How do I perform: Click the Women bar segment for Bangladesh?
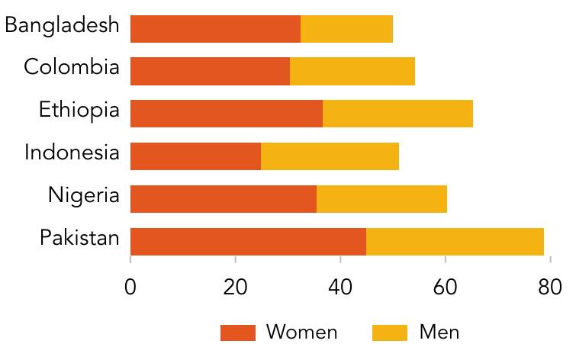[215, 28]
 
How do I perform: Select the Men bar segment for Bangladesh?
[346, 28]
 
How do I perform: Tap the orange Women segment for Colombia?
[210, 71]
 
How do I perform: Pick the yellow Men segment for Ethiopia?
[397, 114]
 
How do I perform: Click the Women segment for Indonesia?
[195, 156]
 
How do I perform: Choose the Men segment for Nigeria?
[381, 199]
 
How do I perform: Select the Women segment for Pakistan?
[248, 242]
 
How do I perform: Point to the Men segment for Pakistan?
[455, 242]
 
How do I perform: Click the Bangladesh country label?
[62, 25]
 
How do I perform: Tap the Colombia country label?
[72, 67]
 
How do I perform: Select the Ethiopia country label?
[79, 111]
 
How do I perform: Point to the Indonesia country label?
[72, 153]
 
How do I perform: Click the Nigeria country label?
[84, 195]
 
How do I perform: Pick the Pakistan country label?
[79, 238]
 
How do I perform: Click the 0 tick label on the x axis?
[130, 288]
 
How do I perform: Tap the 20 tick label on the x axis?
[236, 288]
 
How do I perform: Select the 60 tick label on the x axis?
[445, 288]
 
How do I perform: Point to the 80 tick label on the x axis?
[549, 288]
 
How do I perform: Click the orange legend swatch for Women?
[237, 333]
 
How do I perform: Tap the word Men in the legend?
[439, 333]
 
